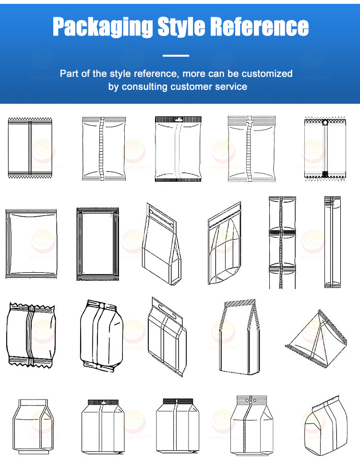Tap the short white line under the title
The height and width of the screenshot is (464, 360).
pos(176,56)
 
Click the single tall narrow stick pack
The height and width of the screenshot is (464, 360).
pos(329,242)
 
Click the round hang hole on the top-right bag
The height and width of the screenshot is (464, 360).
pos(325,123)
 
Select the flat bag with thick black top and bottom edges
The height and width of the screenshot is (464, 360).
pos(177,149)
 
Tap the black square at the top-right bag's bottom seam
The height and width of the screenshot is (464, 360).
pos(325,174)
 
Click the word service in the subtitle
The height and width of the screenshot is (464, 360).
pos(228,87)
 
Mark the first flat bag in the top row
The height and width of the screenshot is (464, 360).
pos(30,148)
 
